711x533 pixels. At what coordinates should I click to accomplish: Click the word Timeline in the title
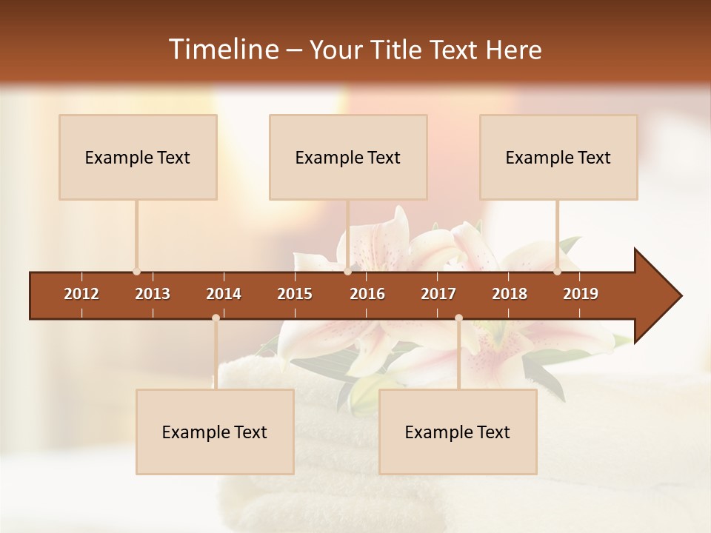pos(222,50)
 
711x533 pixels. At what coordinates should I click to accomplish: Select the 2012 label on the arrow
pos(81,294)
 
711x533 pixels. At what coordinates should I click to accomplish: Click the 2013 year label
pos(153,294)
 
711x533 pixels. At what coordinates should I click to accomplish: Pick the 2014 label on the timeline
pos(224,294)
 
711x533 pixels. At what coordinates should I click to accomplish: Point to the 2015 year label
pos(295,294)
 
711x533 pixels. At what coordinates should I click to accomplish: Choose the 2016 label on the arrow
pos(367,294)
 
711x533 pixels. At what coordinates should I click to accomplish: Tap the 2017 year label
pos(438,294)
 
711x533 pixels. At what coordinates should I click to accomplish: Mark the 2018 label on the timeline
pos(510,294)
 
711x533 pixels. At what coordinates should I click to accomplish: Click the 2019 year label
pos(581,294)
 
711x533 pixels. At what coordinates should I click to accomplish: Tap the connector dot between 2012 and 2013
pos(136,272)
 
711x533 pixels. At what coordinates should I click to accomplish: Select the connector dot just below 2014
pos(216,318)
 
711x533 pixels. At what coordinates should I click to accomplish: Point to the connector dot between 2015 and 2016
pos(347,272)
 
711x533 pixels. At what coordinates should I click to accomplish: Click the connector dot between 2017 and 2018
pos(458,318)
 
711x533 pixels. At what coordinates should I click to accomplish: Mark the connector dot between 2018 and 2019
pos(557,272)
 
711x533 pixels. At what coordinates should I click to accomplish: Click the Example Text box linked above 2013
pos(138,158)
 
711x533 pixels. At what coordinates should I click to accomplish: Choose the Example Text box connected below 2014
pos(215,432)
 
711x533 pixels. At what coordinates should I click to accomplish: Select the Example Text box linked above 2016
pos(348,158)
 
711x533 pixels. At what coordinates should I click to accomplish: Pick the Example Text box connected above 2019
pos(558,158)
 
